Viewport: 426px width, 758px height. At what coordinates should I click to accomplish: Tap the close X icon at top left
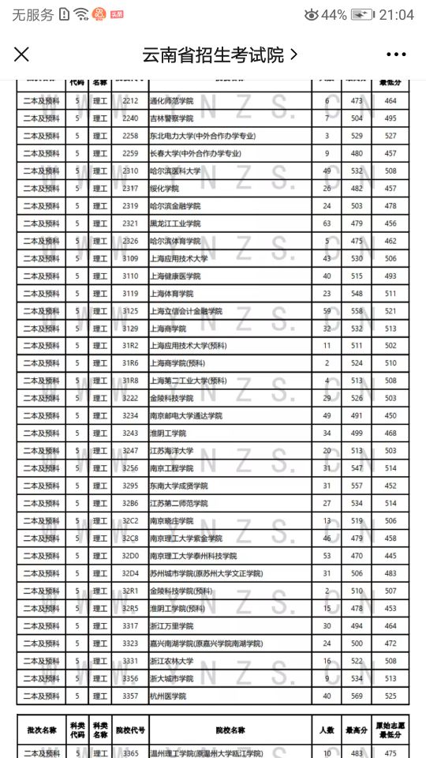point(21,54)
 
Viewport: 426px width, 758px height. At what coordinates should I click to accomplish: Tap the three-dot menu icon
point(396,54)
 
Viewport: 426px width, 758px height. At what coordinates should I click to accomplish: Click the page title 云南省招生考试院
point(212,54)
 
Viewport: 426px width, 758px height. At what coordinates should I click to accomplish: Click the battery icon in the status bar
point(362,15)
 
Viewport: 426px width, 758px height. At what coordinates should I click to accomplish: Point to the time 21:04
point(397,15)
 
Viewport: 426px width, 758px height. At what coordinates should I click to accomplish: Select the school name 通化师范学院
point(171,101)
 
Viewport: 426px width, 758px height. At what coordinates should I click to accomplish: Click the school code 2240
point(130,118)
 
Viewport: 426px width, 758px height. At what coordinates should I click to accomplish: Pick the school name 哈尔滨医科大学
point(175,171)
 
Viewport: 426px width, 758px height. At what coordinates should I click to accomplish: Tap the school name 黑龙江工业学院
point(175,223)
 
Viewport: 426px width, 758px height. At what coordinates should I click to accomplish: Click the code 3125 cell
point(130,311)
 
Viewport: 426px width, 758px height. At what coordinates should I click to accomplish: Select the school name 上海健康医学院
point(175,276)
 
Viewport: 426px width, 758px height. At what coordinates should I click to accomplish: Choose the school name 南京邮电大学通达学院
point(186,416)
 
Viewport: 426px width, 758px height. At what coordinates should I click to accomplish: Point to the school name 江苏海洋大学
point(171,451)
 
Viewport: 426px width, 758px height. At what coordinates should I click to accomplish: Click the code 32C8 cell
point(130,538)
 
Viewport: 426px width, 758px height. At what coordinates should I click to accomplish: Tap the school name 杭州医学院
point(167,696)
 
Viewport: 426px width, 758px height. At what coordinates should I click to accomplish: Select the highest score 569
point(357,696)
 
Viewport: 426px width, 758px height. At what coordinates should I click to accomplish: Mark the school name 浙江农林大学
point(171,661)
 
